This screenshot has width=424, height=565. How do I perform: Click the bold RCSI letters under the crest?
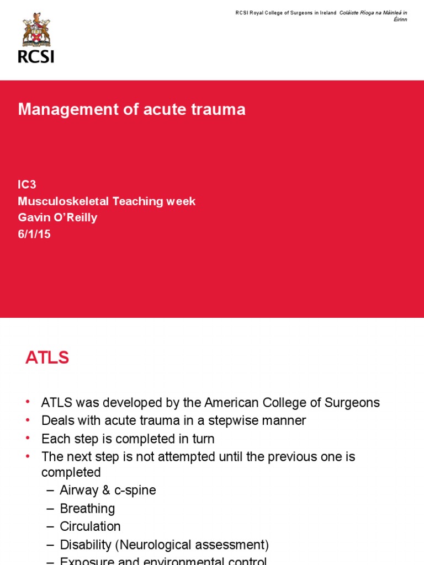point(36,56)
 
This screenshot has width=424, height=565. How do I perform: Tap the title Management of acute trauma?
point(131,110)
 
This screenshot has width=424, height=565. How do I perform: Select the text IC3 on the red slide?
point(27,185)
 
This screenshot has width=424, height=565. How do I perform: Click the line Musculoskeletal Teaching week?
point(107,201)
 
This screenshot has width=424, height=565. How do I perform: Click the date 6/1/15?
point(34,234)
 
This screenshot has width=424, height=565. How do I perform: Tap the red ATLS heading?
point(47,358)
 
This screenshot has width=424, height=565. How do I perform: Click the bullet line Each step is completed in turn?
point(128,439)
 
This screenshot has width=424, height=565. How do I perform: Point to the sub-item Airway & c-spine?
point(108,491)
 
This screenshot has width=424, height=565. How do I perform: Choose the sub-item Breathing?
point(87,509)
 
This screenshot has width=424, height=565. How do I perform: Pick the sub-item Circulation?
point(90,526)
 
